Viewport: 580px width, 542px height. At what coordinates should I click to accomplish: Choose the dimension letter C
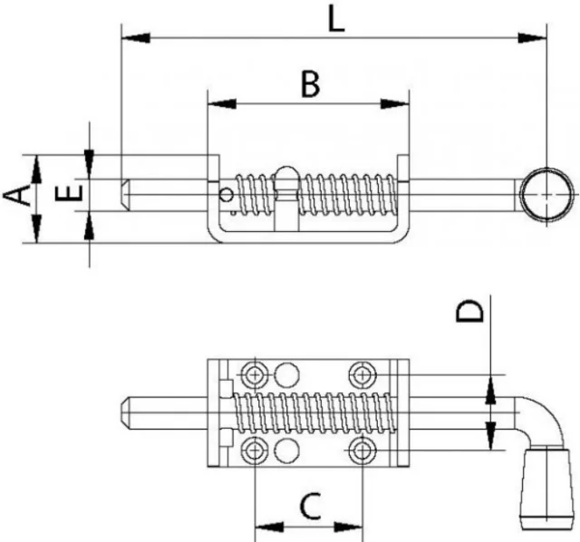(x=310, y=504)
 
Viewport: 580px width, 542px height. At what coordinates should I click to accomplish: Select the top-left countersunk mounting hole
(x=255, y=373)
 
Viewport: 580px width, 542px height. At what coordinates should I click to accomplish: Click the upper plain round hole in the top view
(x=287, y=373)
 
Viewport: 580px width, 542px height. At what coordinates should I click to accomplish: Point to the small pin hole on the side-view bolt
(x=226, y=192)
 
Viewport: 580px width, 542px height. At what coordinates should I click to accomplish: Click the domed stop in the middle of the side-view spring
(x=286, y=178)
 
